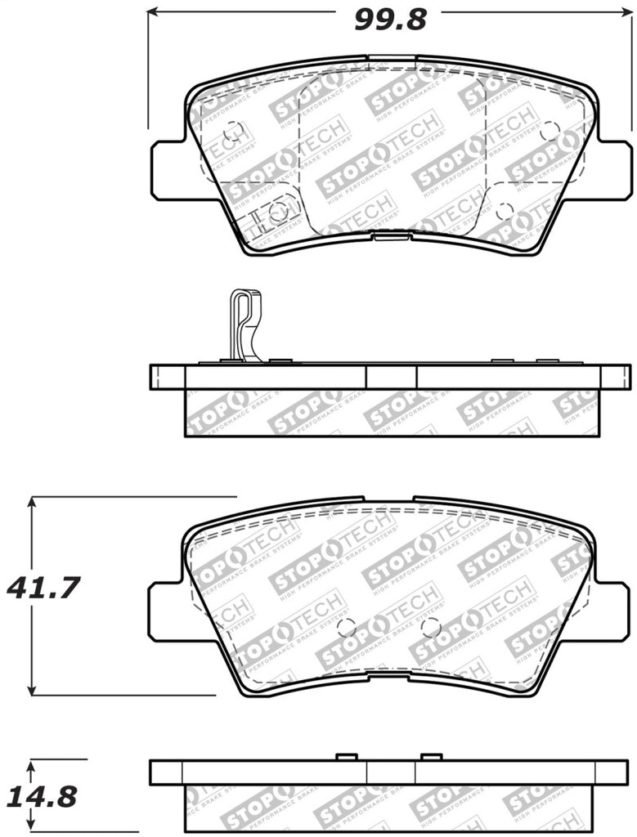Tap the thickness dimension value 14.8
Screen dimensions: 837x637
tap(43, 795)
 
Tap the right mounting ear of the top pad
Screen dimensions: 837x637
tap(614, 169)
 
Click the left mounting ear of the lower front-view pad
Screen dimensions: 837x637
tap(166, 611)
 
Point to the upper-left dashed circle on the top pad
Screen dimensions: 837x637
tap(232, 130)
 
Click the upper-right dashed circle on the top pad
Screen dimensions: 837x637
tap(550, 130)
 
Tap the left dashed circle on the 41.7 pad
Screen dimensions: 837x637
tap(347, 627)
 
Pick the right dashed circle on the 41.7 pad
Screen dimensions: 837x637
tap(430, 627)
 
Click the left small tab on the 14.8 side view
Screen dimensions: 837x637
tap(347, 756)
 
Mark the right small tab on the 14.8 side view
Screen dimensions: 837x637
tap(432, 756)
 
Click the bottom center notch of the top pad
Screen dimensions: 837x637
tap(390, 236)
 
